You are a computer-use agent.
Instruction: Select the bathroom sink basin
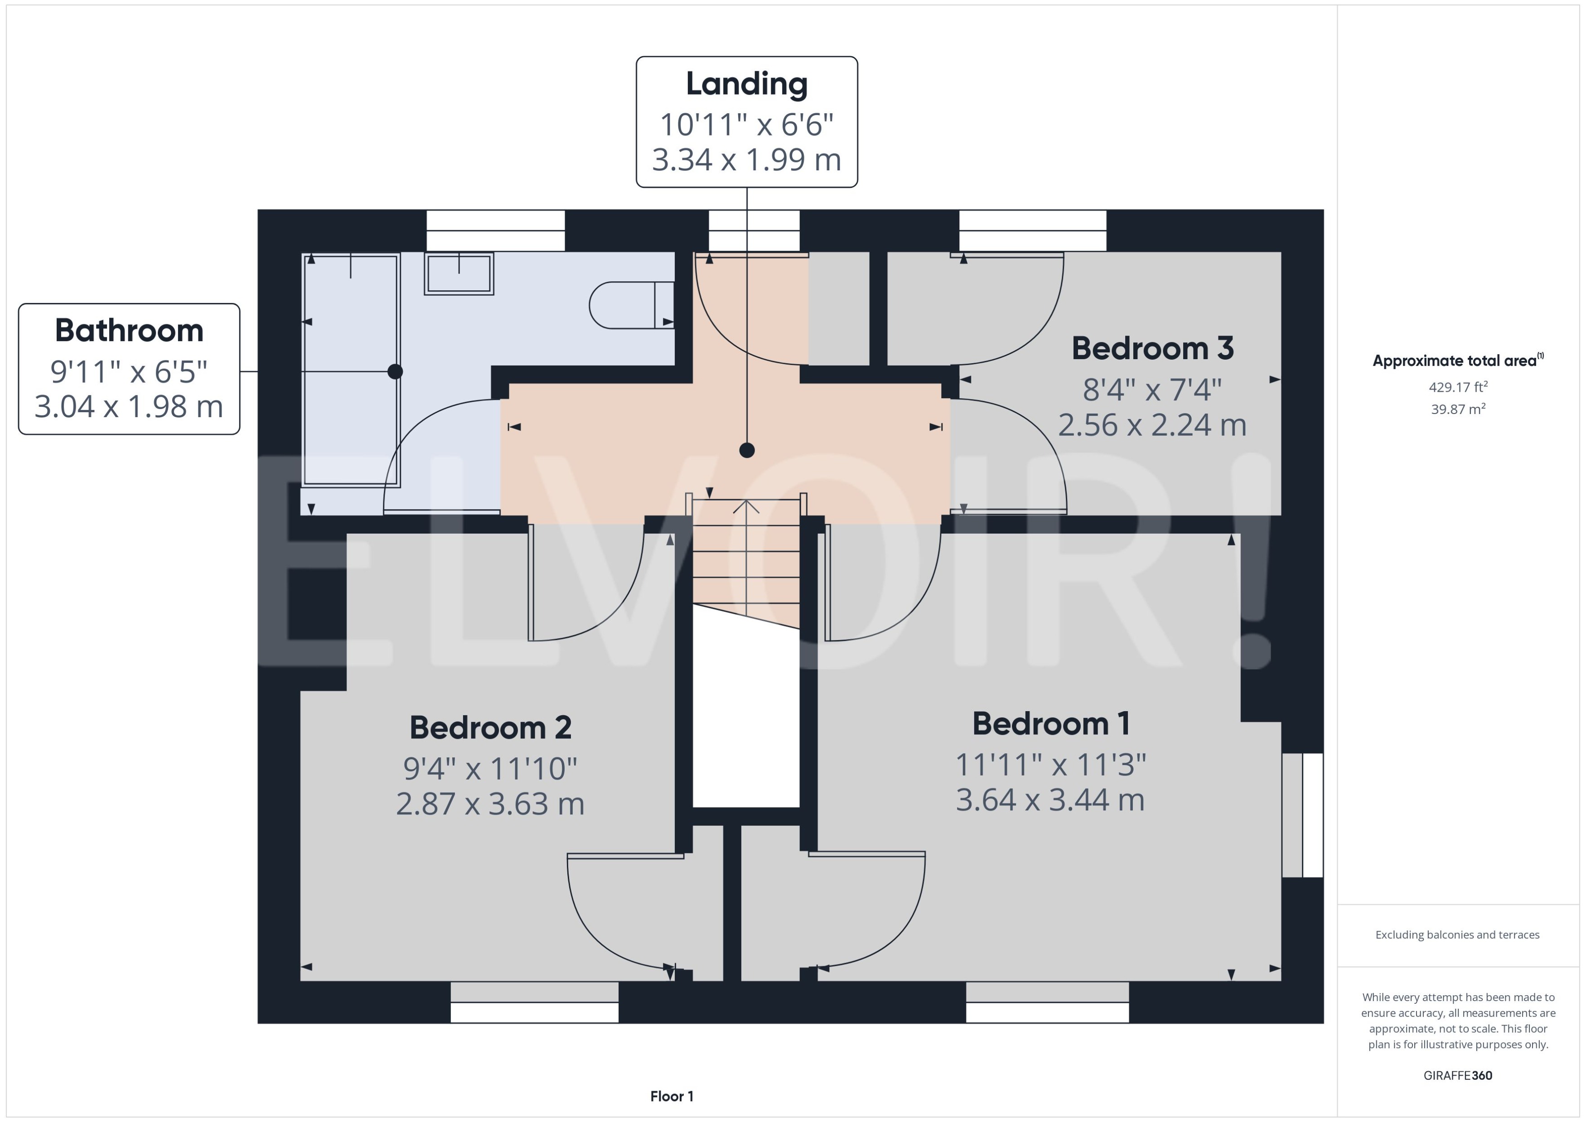click(459, 274)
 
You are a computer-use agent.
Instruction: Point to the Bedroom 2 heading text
click(490, 727)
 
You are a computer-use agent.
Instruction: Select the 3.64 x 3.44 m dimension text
click(1050, 799)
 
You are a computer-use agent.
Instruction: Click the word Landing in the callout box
click(746, 84)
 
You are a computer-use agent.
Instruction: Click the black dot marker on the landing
click(746, 450)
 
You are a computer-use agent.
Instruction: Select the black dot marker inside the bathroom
click(395, 372)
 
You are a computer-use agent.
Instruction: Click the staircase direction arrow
click(746, 508)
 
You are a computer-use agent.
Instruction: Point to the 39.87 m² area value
click(1458, 409)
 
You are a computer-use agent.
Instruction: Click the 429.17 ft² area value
click(1458, 387)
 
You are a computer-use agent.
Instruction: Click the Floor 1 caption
click(672, 1096)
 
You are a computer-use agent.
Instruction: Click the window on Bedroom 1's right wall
click(1303, 815)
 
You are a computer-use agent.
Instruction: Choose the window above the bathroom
click(495, 231)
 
